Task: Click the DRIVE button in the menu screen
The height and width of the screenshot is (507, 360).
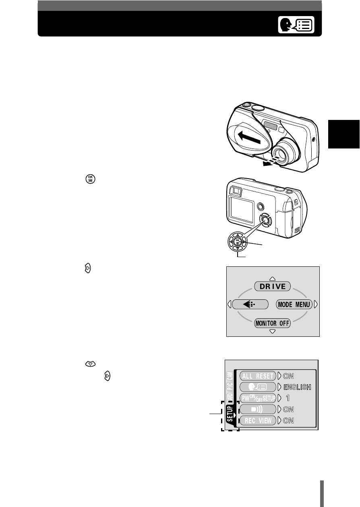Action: pyautogui.click(x=272, y=286)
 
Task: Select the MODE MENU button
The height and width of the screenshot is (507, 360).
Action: pyautogui.click(x=294, y=305)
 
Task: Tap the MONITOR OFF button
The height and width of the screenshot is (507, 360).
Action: pyautogui.click(x=272, y=323)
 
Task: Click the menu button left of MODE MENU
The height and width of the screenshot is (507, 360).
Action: pyautogui.click(x=250, y=305)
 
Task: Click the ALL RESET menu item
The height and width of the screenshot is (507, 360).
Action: pyautogui.click(x=258, y=376)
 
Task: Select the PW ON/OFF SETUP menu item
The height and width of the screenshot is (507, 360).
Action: pyautogui.click(x=258, y=398)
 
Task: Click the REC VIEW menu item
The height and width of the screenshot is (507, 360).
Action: pyautogui.click(x=258, y=420)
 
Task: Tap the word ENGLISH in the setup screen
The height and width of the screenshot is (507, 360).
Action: pyautogui.click(x=297, y=387)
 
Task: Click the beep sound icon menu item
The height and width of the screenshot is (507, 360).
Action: pyautogui.click(x=258, y=409)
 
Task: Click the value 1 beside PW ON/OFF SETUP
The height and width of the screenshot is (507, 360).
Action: pyautogui.click(x=288, y=398)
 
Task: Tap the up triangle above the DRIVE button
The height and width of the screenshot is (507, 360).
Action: pyautogui.click(x=272, y=278)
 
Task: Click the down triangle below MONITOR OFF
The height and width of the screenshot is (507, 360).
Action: pyautogui.click(x=272, y=331)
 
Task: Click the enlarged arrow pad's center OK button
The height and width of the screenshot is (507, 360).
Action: pyautogui.click(x=238, y=242)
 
